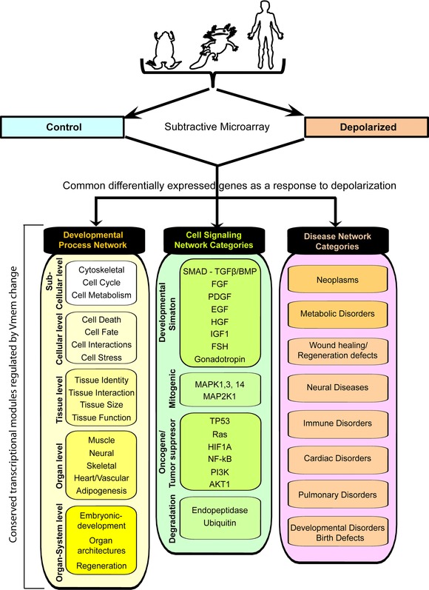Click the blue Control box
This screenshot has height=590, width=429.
[62, 127]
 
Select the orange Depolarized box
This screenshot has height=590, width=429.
[367, 127]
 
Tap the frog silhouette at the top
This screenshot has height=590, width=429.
[163, 50]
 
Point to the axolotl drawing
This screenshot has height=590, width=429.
[215, 47]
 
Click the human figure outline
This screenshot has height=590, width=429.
[266, 35]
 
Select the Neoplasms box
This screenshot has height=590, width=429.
[337, 280]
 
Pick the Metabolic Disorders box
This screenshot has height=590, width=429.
[337, 314]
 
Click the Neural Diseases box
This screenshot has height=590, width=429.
[337, 388]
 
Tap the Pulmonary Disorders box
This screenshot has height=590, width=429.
[337, 495]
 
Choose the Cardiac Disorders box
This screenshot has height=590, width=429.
[337, 458]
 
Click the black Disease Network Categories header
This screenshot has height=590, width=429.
[337, 241]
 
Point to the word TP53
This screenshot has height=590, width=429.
[220, 421]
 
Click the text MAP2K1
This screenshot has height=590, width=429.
[220, 397]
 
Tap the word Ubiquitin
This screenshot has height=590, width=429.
[220, 523]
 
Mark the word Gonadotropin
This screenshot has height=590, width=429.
[220, 359]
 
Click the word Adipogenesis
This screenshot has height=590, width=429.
[101, 491]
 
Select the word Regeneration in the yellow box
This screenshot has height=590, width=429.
[101, 566]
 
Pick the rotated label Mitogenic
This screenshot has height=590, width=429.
[172, 389]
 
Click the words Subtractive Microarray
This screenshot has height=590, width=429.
[217, 127]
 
